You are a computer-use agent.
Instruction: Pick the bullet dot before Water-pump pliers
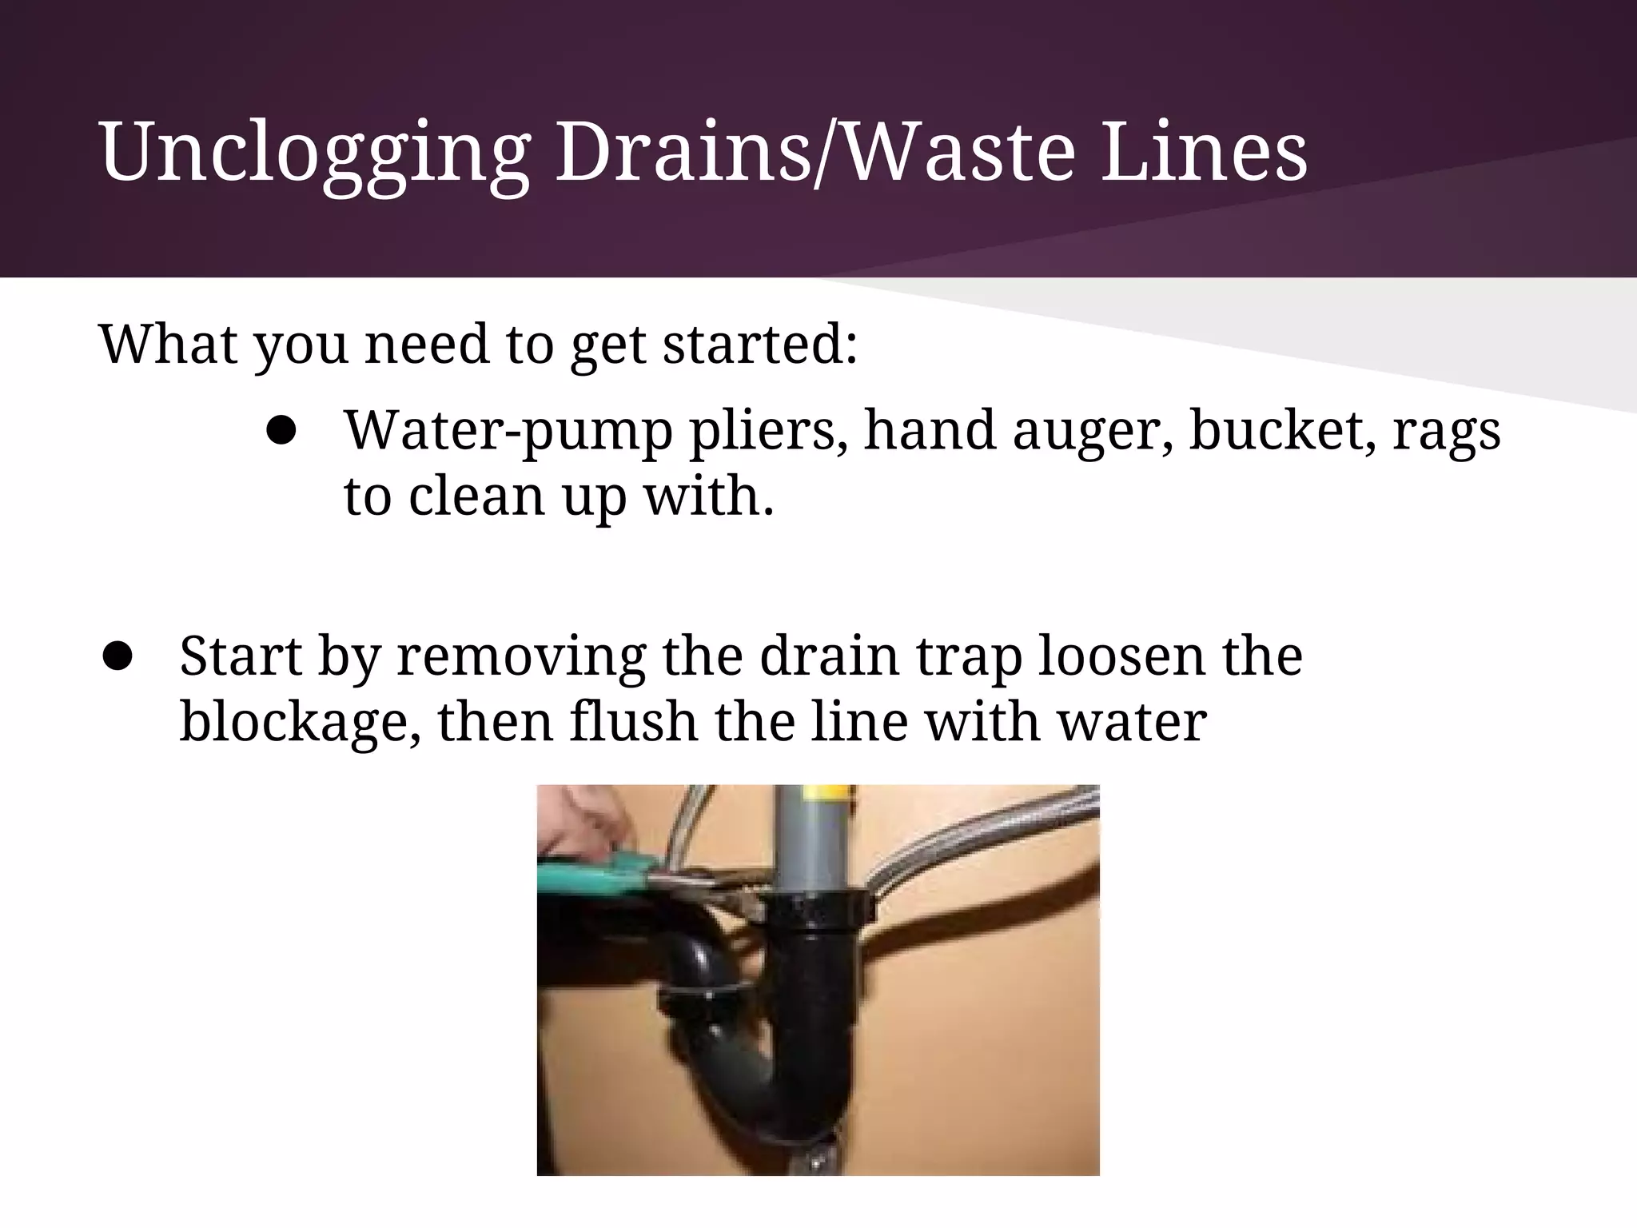click(281, 432)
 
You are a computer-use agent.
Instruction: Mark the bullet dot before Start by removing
click(117, 656)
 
